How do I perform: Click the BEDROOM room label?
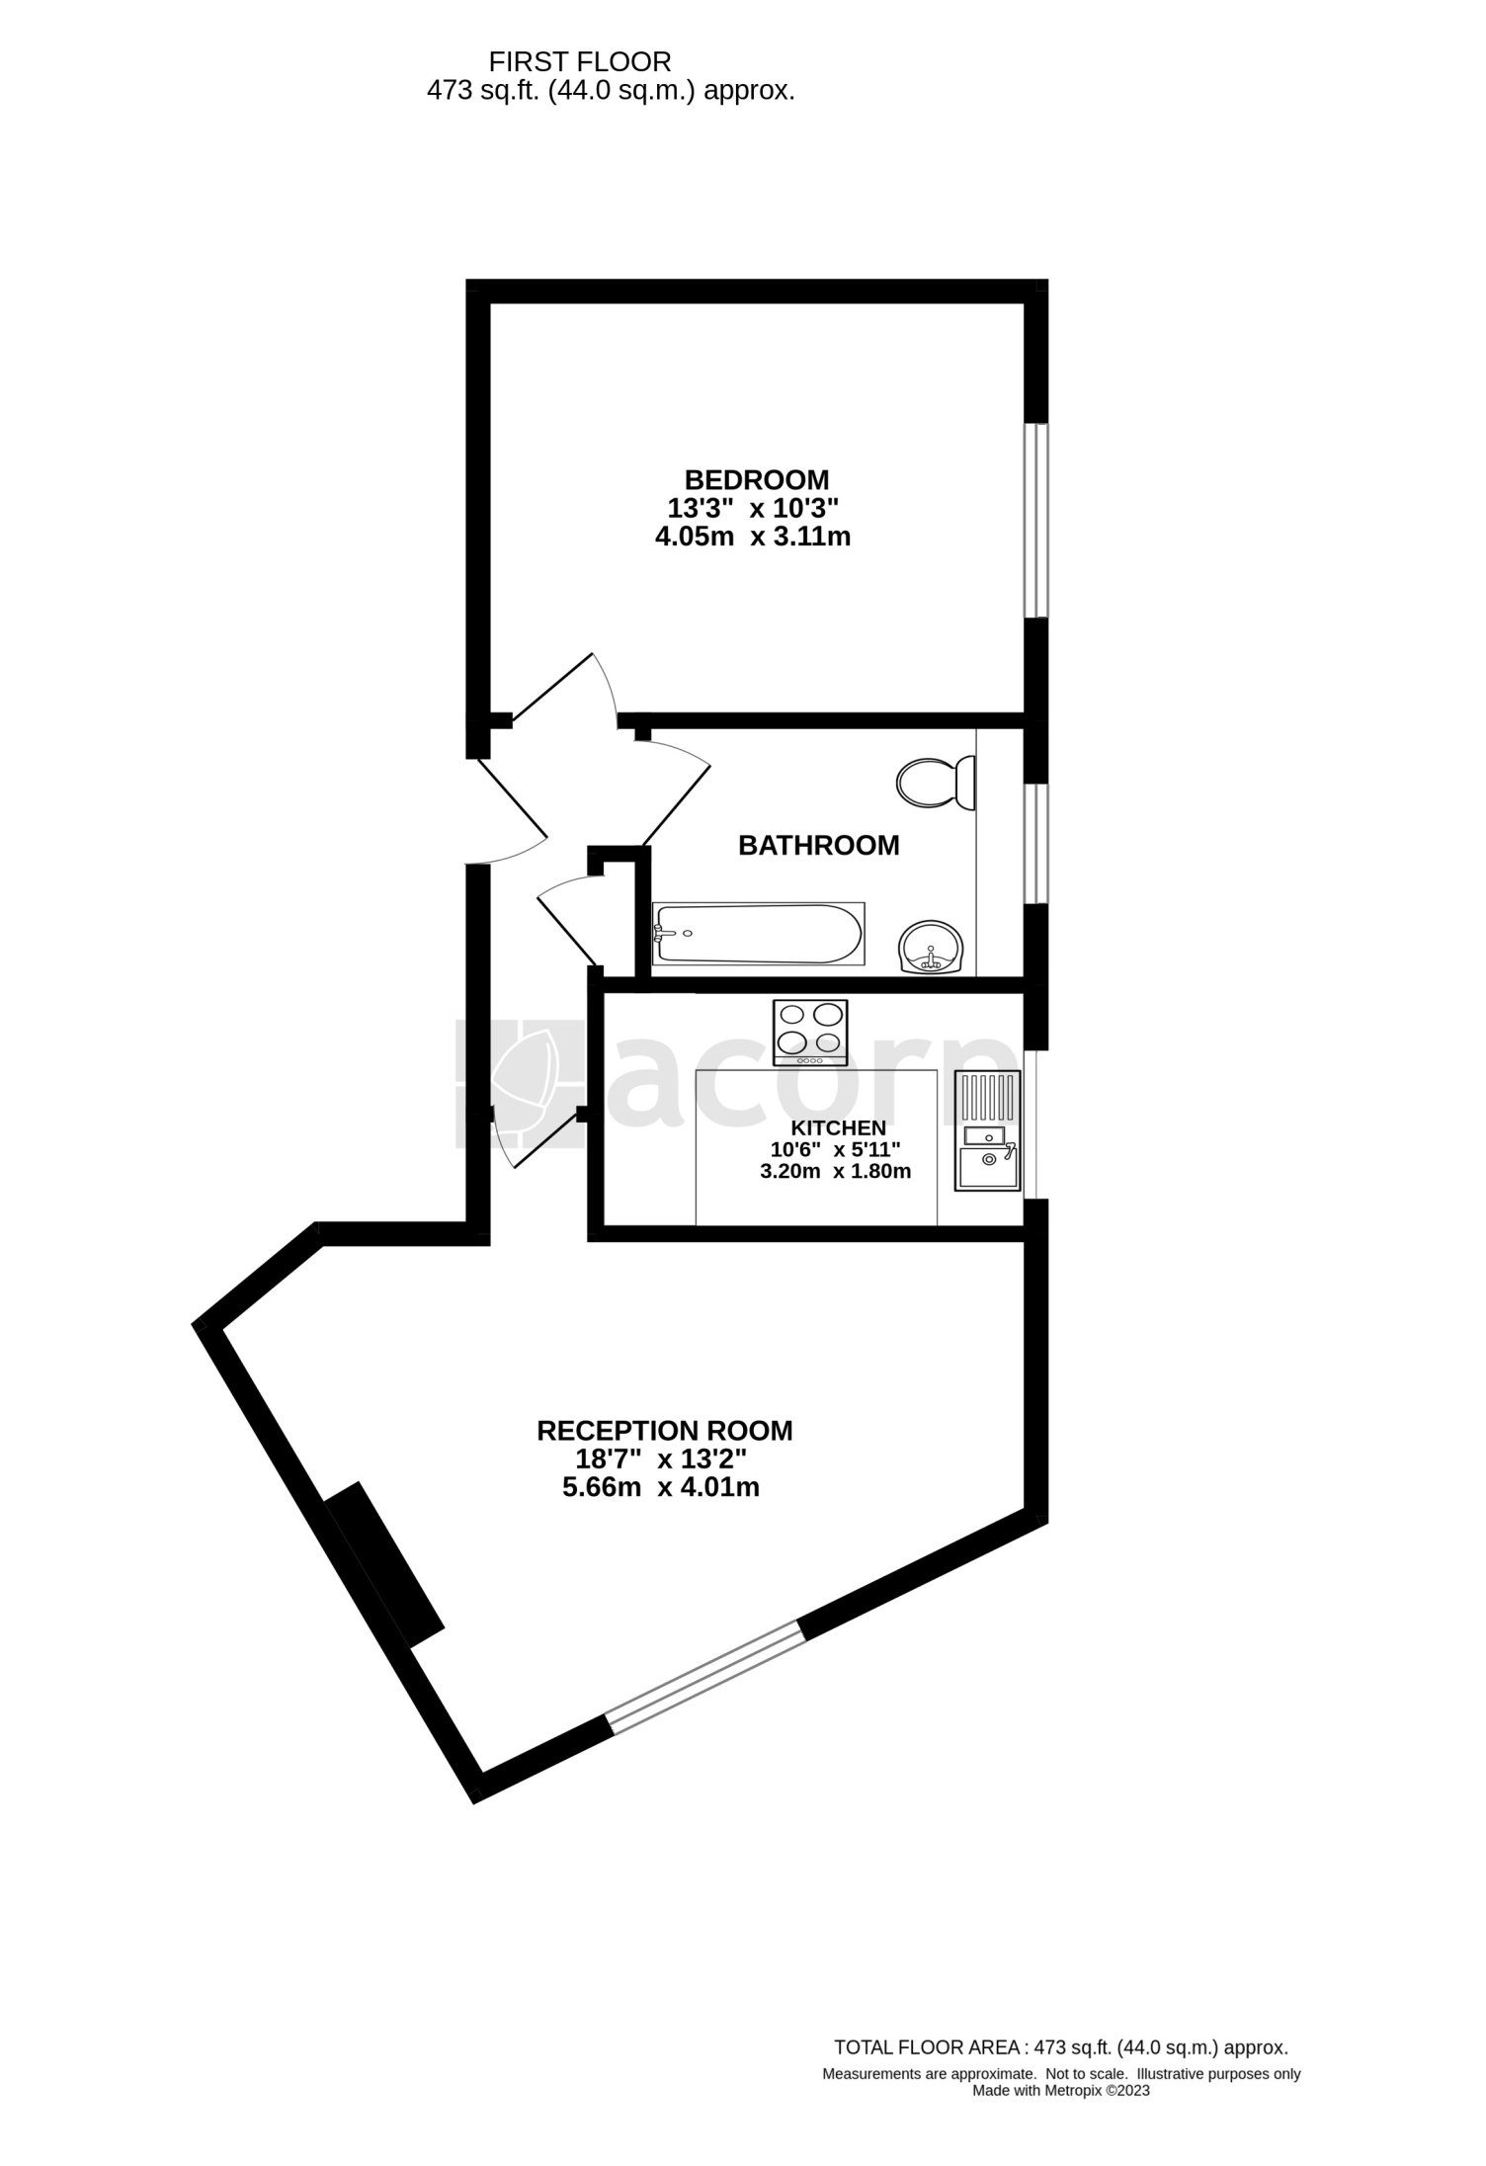point(757,480)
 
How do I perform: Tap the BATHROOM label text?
point(819,846)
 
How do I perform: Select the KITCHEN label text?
point(837,1128)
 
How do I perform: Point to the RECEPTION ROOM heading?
point(664,1430)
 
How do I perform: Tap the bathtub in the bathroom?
point(758,934)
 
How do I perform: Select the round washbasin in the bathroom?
point(931,947)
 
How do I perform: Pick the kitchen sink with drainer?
point(987,1130)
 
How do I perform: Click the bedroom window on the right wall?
point(1035,521)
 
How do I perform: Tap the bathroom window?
point(1035,844)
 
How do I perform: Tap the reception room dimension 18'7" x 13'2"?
point(661,1458)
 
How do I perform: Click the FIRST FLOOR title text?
point(581,62)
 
